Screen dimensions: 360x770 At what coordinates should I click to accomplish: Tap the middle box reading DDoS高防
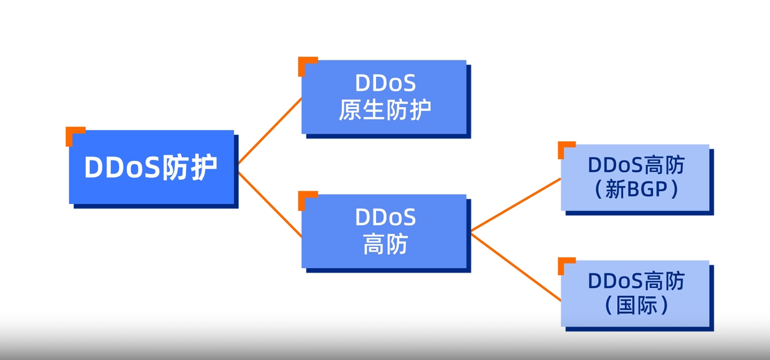pyautogui.click(x=384, y=230)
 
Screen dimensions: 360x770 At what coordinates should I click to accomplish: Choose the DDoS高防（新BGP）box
pyautogui.click(x=635, y=178)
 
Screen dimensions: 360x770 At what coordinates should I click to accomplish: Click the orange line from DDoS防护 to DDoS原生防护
pyautogui.click(x=269, y=130)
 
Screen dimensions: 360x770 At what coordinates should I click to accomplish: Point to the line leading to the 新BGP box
pyautogui.click(x=516, y=204)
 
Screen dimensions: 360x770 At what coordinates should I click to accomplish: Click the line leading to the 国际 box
pyautogui.click(x=516, y=266)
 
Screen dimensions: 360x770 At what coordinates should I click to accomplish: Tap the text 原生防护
pyautogui.click(x=384, y=110)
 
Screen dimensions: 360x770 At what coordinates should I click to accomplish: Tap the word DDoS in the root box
pyautogui.click(x=122, y=167)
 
